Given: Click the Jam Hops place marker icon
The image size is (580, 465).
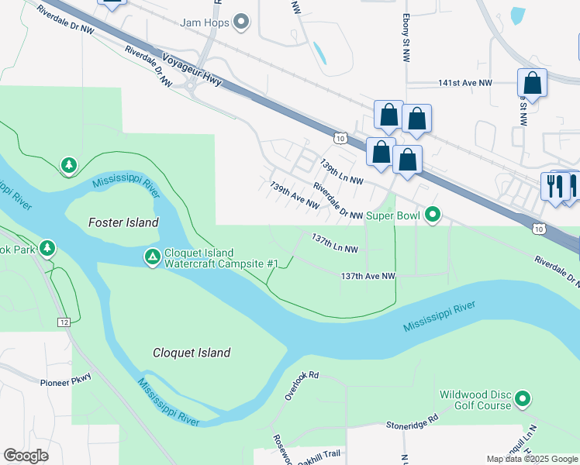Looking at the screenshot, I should click(241, 22).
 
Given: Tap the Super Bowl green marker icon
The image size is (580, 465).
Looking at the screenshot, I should click(433, 215).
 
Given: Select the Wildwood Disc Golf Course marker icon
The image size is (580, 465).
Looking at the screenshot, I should click(523, 400).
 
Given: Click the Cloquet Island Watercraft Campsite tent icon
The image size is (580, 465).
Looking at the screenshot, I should click(152, 255).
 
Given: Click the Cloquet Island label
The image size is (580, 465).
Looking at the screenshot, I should click(191, 353).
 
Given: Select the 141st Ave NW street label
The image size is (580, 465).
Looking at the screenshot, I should click(464, 83).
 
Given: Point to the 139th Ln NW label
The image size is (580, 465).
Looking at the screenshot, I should click(341, 172).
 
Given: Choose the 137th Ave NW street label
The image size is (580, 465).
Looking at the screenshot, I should click(368, 276).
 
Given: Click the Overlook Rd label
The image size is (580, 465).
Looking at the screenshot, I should click(302, 384).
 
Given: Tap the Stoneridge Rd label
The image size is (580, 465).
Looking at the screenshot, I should click(413, 422).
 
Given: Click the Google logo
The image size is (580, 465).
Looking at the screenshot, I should click(26, 456).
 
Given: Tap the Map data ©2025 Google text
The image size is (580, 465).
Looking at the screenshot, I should click(531, 459).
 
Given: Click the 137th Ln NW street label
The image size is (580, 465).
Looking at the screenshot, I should click(334, 243).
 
